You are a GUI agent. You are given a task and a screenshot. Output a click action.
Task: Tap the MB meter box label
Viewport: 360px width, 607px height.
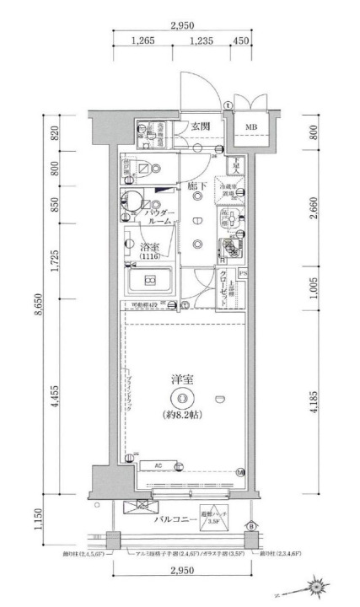point(250,128)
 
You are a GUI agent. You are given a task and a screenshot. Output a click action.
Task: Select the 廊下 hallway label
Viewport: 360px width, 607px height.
point(197,185)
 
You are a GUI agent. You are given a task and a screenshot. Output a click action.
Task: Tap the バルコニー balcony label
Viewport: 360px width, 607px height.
point(176,520)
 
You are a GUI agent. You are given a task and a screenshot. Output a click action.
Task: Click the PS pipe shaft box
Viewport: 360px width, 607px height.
point(242,273)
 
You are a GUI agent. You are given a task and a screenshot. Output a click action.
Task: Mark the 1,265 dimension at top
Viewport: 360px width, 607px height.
point(148,40)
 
